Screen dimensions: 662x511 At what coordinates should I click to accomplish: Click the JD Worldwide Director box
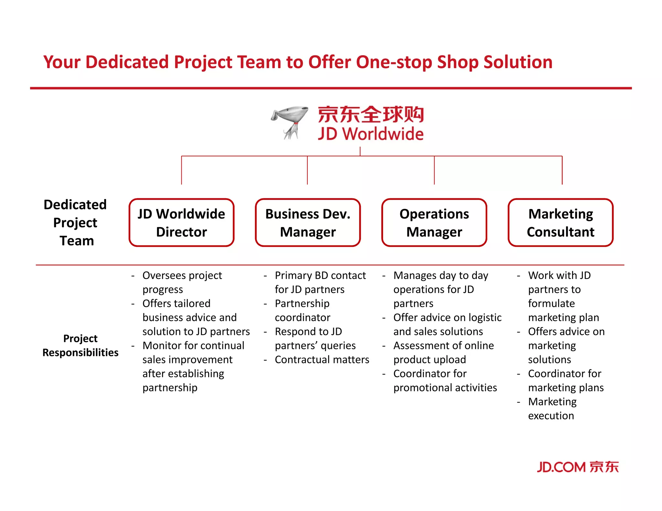181,223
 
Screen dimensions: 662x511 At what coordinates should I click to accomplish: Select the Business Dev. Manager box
308,223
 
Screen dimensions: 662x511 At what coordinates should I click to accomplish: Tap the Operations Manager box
434,223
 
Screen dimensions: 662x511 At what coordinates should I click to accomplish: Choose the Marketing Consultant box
561,223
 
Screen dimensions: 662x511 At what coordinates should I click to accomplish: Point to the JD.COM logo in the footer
578,467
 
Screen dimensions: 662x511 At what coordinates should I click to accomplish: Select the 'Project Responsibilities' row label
80,345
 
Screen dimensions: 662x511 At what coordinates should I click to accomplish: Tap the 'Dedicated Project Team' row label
75,223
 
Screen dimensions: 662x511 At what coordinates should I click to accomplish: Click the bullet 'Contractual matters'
322,360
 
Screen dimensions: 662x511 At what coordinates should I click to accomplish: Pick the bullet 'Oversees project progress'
182,282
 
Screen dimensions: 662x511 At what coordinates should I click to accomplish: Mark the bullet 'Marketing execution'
552,409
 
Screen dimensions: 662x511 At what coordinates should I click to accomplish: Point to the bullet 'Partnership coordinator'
302,310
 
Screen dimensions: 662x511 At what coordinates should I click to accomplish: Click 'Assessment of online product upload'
443,352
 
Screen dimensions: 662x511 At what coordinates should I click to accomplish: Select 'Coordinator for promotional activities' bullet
445,381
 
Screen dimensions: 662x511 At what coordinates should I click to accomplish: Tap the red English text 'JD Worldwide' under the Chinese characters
370,134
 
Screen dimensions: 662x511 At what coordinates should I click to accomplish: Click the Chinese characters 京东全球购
370,114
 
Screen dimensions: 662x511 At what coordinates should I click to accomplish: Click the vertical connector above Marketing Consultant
562,170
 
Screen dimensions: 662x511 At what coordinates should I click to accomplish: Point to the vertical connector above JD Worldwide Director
182,170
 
